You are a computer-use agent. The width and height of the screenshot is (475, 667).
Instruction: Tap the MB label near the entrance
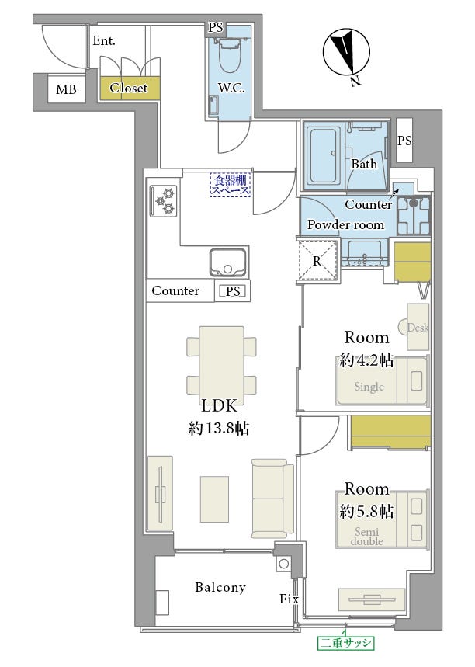tap(66, 89)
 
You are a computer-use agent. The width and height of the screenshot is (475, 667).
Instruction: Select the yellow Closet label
tap(128, 88)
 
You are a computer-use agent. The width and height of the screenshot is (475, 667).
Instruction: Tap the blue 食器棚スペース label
tap(231, 184)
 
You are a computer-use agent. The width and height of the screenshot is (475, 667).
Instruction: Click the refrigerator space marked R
tap(317, 260)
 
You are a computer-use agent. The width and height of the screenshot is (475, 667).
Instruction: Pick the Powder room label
tap(345, 224)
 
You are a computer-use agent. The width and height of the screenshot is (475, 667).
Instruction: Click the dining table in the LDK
tap(221, 362)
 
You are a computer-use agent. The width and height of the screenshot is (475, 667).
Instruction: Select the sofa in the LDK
tap(272, 499)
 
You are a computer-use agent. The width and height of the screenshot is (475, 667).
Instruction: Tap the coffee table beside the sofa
tap(214, 499)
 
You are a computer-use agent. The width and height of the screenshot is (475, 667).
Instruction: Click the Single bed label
tap(369, 387)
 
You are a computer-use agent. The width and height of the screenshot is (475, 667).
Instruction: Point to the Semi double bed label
tap(367, 537)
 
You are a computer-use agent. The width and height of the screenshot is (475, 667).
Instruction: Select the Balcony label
tap(220, 588)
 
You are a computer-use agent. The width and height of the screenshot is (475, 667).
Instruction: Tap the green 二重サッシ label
tap(346, 643)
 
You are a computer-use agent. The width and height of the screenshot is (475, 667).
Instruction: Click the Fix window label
tap(289, 599)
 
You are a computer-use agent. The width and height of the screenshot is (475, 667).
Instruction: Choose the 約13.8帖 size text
tap(219, 428)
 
